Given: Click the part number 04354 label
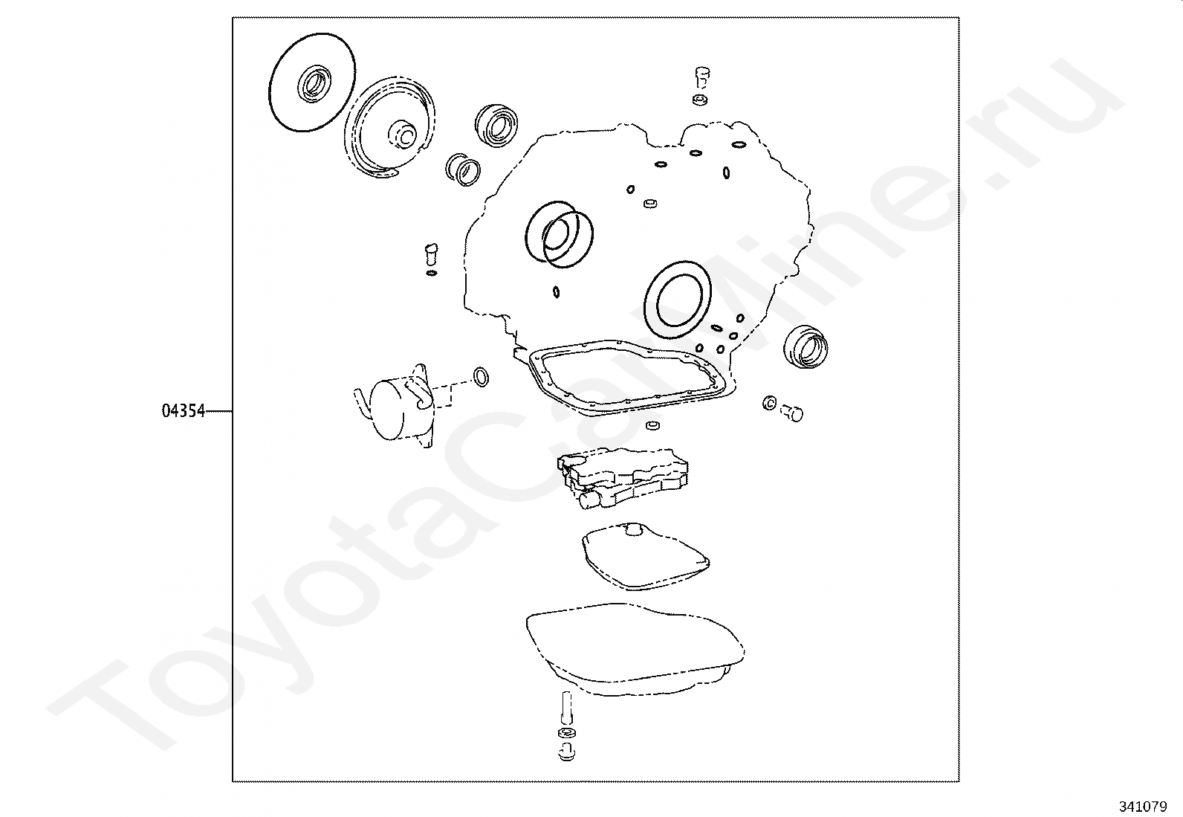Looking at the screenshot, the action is click(x=183, y=410).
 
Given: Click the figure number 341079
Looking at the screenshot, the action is click(x=1143, y=807).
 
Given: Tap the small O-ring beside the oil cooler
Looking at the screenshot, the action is click(x=481, y=376).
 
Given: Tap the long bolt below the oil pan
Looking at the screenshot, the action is click(x=567, y=708).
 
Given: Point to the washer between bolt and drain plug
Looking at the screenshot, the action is click(x=567, y=733).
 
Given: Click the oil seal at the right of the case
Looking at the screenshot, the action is click(x=806, y=346).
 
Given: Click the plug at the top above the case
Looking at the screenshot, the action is click(x=702, y=77).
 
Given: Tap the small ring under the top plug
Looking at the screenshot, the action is click(x=700, y=100).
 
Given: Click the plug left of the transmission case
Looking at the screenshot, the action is click(x=431, y=255).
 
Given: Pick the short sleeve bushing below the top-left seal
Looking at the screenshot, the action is click(x=463, y=169).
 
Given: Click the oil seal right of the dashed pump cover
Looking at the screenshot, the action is click(x=496, y=125).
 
